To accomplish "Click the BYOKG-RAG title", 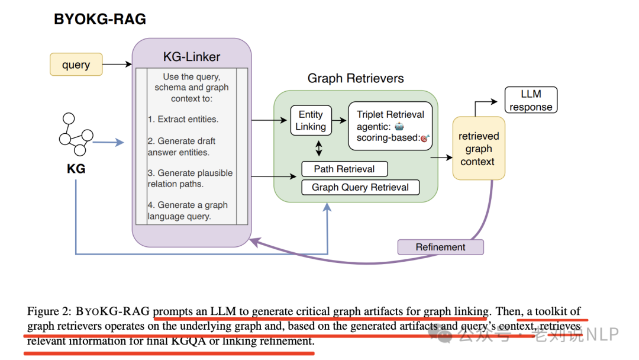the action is tap(100, 19).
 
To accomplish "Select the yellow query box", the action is tap(76, 65).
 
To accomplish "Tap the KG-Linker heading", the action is tap(192, 57).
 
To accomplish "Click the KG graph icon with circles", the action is tap(76, 134).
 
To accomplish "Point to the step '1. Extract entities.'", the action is tap(183, 119).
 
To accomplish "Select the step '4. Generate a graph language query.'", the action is tap(188, 210).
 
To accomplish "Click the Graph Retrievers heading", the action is tap(356, 78).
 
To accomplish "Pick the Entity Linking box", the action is tap(311, 120).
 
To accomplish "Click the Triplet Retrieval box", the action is tap(390, 126).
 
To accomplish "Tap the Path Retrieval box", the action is tap(344, 169).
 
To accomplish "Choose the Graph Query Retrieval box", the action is tap(360, 187).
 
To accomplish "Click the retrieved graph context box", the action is tap(479, 149).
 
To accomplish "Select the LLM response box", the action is tap(531, 100).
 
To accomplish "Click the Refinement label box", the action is tap(441, 247).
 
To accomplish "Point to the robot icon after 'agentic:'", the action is tap(399, 126).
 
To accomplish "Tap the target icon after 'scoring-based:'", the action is tap(425, 138).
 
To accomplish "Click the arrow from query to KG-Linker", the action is tap(117, 64).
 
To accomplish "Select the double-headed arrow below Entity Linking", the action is tap(319, 149).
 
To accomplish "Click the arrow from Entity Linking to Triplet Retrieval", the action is tap(340, 120).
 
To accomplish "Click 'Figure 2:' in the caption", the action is tap(49, 311).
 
